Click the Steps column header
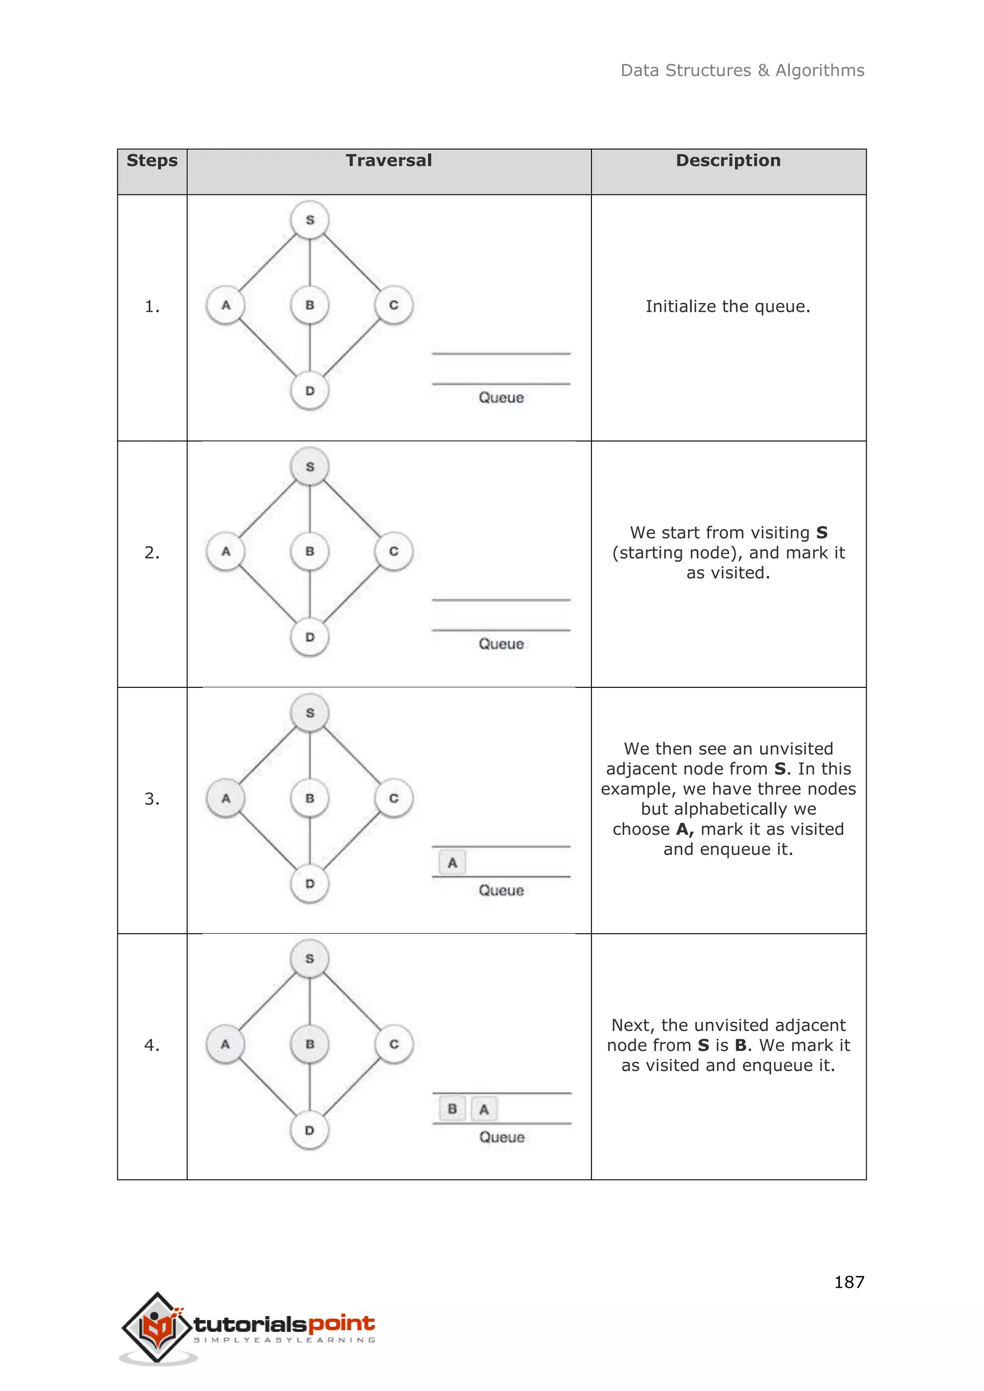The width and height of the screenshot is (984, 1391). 152,160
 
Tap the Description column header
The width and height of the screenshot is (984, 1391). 728,160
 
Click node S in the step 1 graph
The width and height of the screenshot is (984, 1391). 309,220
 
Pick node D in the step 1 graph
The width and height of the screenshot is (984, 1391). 309,391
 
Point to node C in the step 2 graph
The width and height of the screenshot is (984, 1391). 394,551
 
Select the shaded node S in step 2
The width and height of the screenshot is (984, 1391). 309,466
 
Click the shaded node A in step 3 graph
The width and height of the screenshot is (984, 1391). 225,798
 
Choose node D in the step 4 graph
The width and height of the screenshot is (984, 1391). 309,1131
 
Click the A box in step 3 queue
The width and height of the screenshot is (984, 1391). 452,863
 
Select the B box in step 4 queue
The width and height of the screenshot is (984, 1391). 452,1109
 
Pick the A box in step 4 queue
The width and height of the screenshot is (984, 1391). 483,1109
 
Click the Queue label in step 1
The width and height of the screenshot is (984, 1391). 501,397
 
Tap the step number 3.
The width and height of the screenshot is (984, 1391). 152,799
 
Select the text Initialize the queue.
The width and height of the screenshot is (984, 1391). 728,306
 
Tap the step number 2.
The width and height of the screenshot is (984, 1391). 152,552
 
